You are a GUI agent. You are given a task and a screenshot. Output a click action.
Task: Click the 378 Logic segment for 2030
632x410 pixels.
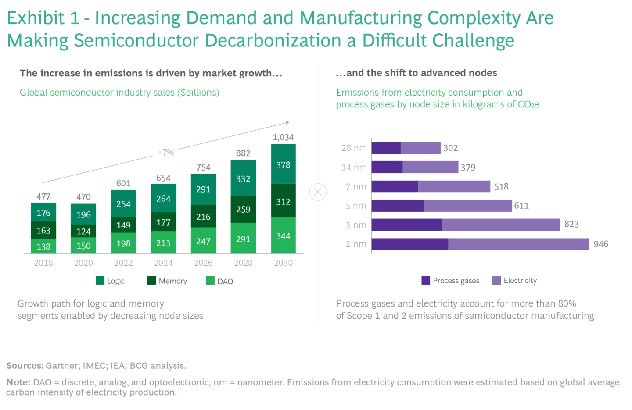coord(283,164)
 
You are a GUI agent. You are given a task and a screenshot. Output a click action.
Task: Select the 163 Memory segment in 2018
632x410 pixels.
coord(43,230)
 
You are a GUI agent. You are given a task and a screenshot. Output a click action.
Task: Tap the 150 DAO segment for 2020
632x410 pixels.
coord(83,246)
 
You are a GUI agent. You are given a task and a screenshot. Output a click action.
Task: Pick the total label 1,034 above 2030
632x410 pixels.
coord(283,137)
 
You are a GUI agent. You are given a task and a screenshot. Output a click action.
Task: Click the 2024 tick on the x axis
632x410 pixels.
coord(163,263)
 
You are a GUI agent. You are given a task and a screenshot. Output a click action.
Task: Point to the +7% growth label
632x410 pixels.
coord(165,152)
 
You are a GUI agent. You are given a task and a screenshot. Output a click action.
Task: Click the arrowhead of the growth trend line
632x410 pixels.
coord(287,122)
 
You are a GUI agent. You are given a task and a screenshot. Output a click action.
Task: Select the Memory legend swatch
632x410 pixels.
coord(151,281)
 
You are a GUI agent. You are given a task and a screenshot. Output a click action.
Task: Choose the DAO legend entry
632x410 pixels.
coord(219,281)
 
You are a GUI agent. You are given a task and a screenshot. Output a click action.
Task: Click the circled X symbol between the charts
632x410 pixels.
coord(318,192)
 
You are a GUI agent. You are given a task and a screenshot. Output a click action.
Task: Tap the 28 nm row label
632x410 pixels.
coord(354,148)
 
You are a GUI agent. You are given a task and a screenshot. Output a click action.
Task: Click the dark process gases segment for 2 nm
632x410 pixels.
coord(409,244)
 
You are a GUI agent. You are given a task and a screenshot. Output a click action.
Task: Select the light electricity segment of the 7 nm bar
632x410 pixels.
coord(454,186)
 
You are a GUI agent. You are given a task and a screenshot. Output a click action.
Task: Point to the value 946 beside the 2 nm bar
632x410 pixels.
coord(600,244)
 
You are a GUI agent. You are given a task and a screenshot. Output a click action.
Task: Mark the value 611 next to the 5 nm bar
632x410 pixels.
coord(521,206)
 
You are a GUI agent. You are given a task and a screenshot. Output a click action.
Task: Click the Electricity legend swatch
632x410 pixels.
coord(496,281)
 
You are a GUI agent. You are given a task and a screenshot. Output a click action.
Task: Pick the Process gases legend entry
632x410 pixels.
coord(450,281)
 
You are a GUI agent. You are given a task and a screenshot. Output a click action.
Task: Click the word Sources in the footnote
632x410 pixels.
coord(25,366)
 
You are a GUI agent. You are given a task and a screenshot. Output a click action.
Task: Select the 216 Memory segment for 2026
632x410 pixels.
coord(203,217)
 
